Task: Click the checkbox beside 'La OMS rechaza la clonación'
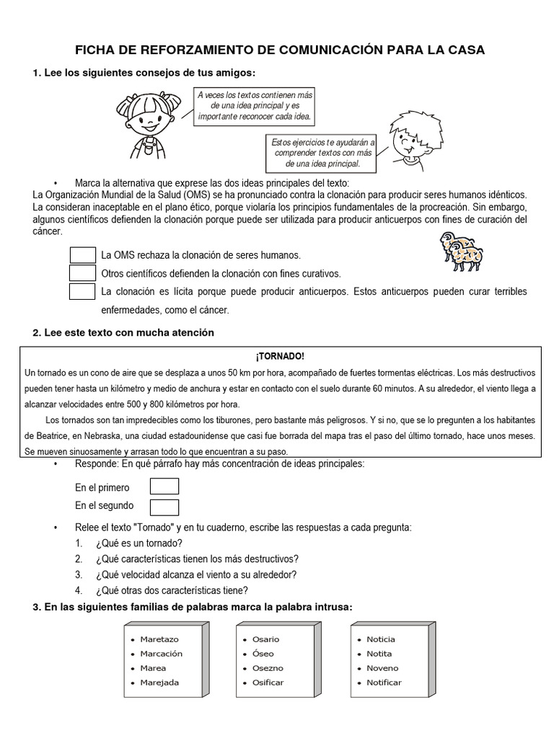[x=83, y=255]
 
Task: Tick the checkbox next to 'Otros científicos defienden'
[x=83, y=273]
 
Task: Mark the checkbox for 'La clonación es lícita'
[x=83, y=291]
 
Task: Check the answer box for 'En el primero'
[x=164, y=486]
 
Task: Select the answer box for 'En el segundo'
[x=164, y=506]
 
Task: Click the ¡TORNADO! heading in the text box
[x=280, y=357]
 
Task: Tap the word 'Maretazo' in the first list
[x=159, y=639]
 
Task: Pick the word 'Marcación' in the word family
[x=162, y=654]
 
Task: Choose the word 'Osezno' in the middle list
[x=268, y=668]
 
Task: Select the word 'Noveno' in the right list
[x=382, y=668]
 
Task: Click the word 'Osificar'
[x=268, y=683]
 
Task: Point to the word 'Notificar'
[x=384, y=683]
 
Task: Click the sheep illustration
[x=462, y=252]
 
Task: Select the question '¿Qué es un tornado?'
[x=138, y=543]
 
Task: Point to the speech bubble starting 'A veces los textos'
[x=255, y=105]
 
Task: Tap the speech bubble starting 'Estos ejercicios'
[x=323, y=153]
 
